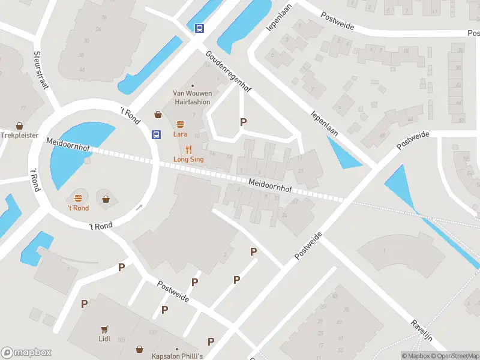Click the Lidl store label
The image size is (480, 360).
tap(104, 338)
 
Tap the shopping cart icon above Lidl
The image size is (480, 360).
tap(104, 329)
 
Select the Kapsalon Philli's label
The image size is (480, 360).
tap(177, 356)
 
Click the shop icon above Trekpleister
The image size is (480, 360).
tap(19, 126)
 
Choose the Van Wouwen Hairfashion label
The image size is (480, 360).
tap(192, 97)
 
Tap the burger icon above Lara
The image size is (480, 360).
tap(180, 124)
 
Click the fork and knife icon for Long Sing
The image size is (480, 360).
tap(189, 149)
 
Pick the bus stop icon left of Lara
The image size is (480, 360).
tap(157, 134)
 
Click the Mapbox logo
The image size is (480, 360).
tap(26, 353)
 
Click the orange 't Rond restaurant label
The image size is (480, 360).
tap(78, 208)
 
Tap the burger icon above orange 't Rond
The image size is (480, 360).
tap(78, 198)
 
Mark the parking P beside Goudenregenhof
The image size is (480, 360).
tap(243, 122)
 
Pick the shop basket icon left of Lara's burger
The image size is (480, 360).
tap(158, 114)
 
